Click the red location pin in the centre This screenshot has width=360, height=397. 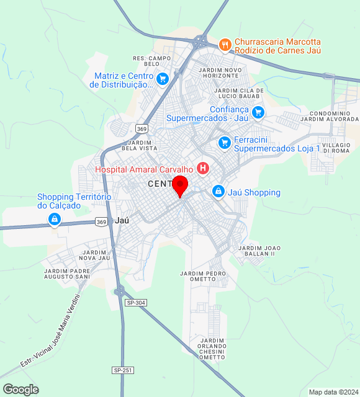coord(180,185)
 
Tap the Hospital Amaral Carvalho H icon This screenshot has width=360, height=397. coord(202,167)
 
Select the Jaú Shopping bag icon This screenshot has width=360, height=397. coord(218,192)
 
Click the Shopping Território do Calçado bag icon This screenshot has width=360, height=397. coord(55,220)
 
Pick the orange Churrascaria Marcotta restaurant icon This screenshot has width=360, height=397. coord(225,44)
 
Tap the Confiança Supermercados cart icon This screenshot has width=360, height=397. coord(258,112)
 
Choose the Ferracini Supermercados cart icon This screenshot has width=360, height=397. coord(224,143)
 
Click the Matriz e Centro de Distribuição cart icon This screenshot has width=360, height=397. coord(163,78)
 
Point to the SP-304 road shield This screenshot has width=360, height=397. coord(135,302)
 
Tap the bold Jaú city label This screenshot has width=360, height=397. coord(122,220)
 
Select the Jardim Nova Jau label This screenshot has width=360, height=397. coord(94,255)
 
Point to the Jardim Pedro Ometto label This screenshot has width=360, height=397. coord(202,277)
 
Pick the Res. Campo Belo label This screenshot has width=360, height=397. coord(152,61)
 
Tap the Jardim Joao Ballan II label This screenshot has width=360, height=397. coord(256,251)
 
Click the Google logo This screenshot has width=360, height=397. coord(20,389)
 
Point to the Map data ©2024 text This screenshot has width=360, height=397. coord(333,392)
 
